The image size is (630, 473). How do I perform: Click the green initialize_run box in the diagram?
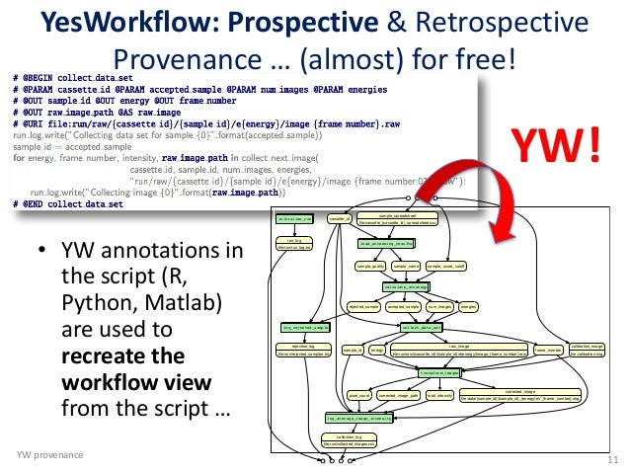(x=294, y=218)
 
